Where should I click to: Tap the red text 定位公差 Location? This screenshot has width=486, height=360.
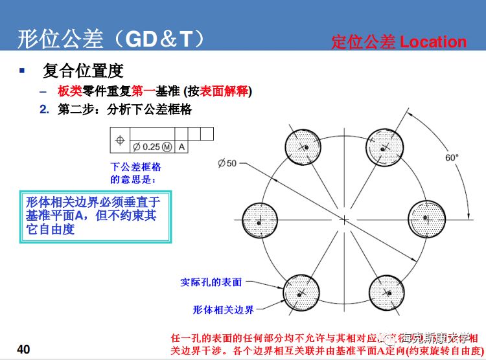pyautogui.click(x=399, y=42)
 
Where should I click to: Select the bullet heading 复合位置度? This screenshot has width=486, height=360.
pyautogui.click(x=83, y=70)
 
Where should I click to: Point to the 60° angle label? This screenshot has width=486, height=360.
pyautogui.click(x=452, y=157)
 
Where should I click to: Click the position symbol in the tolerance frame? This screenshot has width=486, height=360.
pyautogui.click(x=119, y=139)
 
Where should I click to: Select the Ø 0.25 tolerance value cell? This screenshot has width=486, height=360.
pyautogui.click(x=152, y=147)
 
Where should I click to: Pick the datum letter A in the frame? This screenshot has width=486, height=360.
pyautogui.click(x=182, y=147)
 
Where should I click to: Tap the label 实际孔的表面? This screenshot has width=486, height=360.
pyautogui.click(x=211, y=282)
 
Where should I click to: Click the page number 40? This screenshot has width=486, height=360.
pyautogui.click(x=23, y=350)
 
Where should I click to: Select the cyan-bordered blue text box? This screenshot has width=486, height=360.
pyautogui.click(x=96, y=216)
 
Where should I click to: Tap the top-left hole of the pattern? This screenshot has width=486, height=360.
pyautogui.click(x=303, y=147)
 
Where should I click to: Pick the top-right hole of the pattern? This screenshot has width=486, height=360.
pyautogui.click(x=387, y=147)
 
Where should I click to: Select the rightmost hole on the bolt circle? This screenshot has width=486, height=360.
pyautogui.click(x=428, y=220)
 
